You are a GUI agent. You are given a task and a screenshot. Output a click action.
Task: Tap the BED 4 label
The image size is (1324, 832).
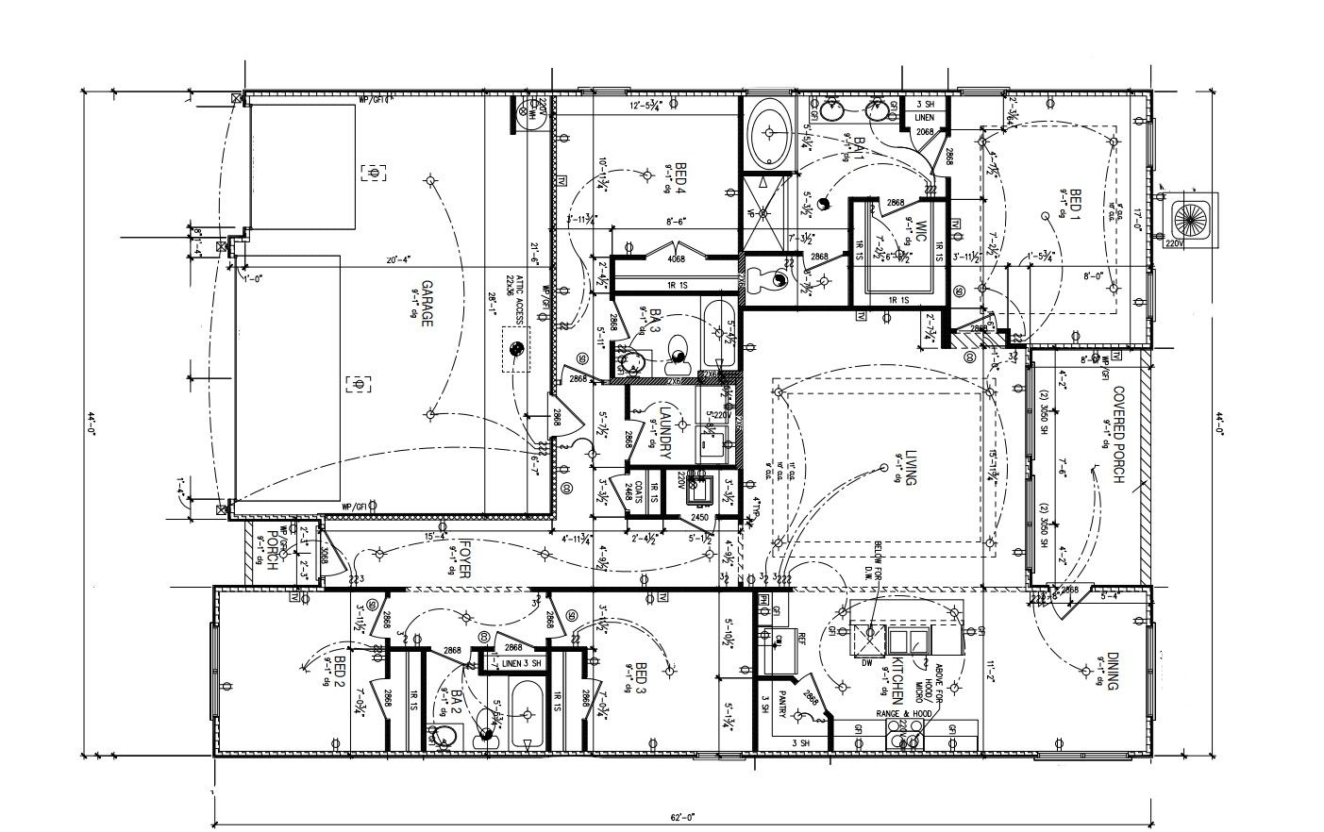679,178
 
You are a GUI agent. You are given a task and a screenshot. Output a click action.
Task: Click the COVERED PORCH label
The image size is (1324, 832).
1118,434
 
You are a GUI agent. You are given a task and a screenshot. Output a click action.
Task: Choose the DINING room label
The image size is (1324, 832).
1113,672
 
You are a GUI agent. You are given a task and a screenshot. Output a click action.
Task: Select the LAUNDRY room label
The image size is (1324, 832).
664,431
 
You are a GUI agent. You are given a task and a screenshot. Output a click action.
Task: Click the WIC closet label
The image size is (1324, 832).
921,230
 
